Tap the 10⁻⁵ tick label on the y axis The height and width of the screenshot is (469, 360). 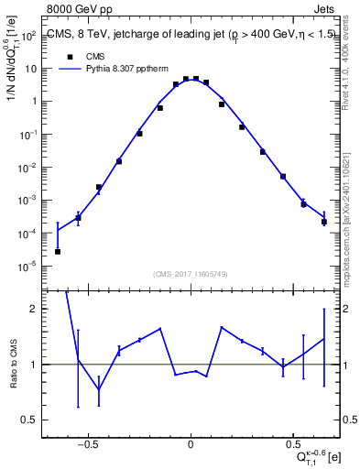[x=29, y=267]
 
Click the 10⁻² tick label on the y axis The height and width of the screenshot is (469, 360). [x=29, y=168]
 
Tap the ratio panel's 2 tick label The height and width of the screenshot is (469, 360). [x=34, y=310]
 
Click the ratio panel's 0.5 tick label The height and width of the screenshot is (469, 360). [x=30, y=420]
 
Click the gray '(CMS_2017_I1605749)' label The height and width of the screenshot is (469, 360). [x=191, y=274]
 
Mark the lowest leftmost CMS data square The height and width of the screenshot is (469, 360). [x=58, y=251]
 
